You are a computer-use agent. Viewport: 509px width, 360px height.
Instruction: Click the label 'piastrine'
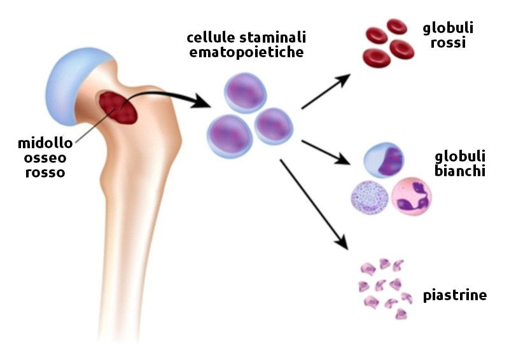[x=455, y=296]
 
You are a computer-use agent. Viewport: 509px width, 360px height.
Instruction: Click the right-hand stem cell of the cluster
[x=274, y=125]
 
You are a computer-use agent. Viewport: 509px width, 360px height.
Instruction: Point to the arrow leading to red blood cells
[x=326, y=91]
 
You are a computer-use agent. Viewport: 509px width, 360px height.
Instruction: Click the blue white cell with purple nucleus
[x=385, y=160]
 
